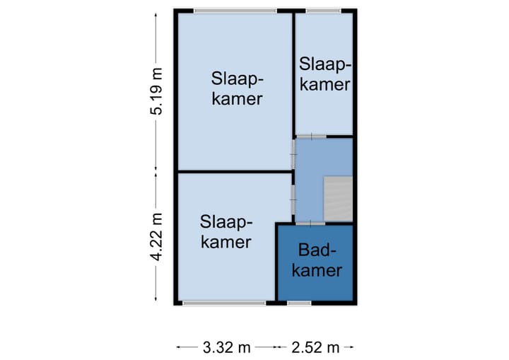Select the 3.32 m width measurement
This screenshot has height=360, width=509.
coord(226,347)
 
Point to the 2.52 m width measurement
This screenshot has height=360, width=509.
coord(315,347)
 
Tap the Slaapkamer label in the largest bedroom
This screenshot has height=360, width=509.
coord(235,88)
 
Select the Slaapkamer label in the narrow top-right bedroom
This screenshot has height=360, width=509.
coord(324,74)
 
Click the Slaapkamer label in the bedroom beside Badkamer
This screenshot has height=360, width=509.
coord(225,231)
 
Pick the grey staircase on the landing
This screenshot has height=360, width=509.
coord(337,199)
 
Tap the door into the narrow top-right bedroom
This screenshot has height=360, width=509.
coord(310,137)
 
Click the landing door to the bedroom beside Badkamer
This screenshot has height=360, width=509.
coord(293,199)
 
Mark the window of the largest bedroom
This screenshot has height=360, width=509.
coord(235,11)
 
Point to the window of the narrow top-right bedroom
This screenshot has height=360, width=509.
coord(323,11)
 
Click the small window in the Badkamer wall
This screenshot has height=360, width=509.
coord(299,303)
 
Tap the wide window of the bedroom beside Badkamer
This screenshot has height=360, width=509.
coord(223,303)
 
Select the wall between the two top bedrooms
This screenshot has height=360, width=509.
coord(293,71)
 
